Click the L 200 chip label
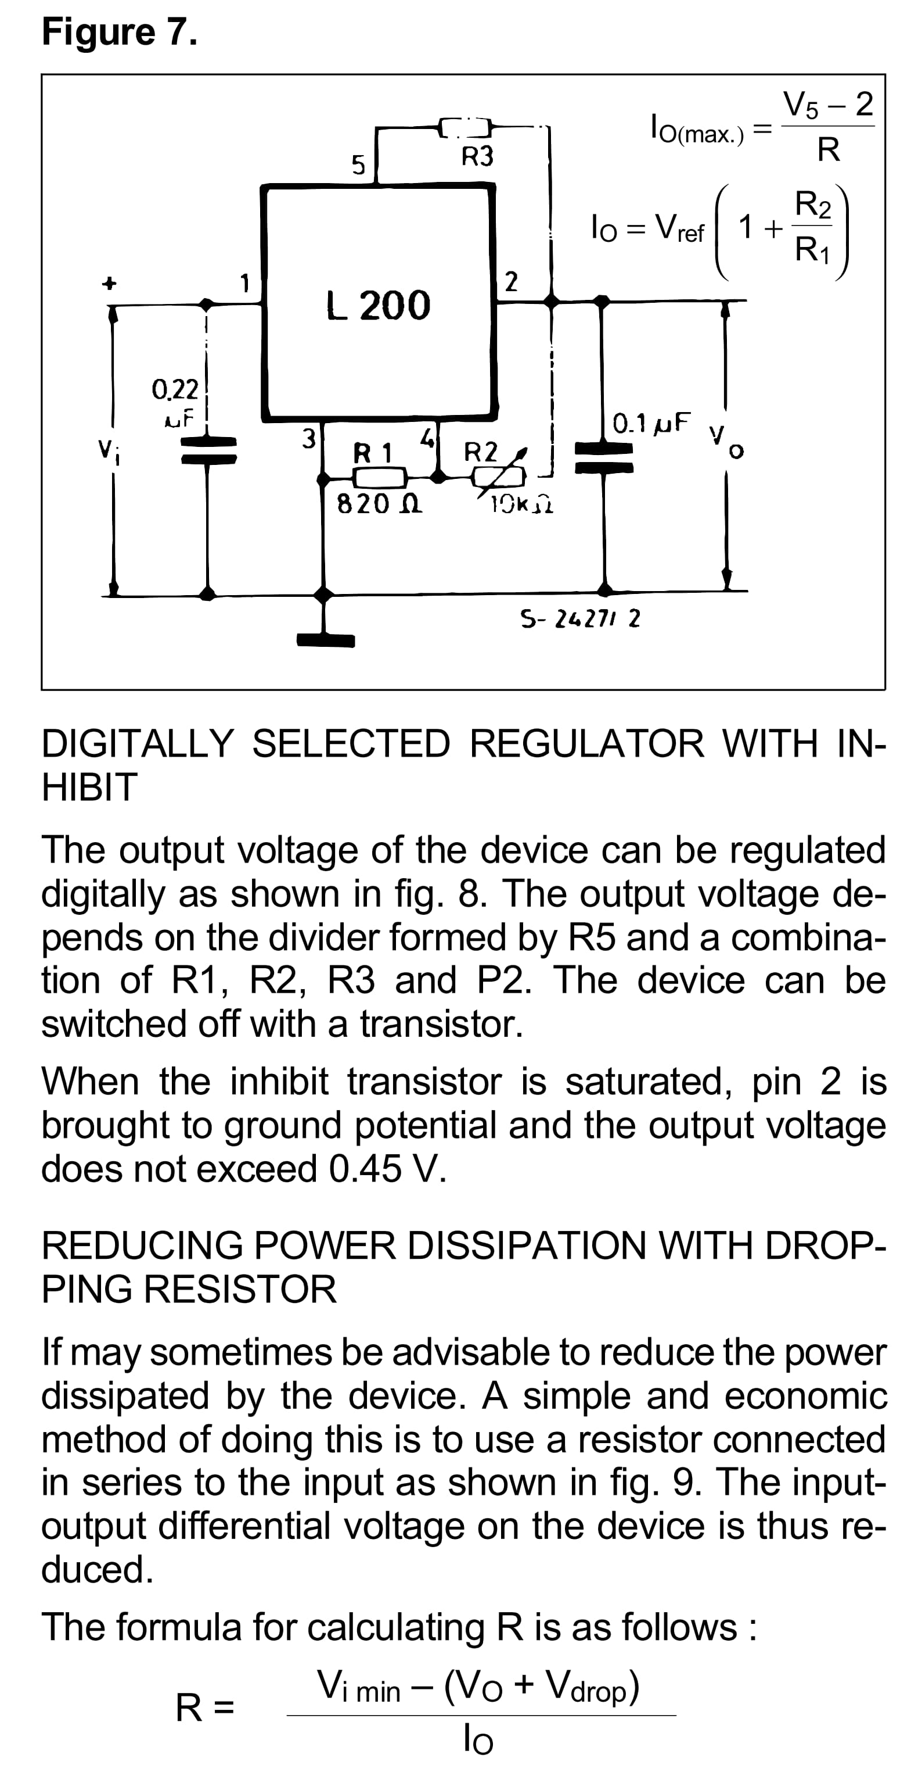pos(378,305)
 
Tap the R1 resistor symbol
pos(379,477)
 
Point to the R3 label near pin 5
pos(477,157)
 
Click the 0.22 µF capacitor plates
pos(208,450)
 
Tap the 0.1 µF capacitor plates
pos(604,458)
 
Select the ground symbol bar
pos(325,640)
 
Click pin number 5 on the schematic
pos(358,165)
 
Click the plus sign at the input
pos(109,283)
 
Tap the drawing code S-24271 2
pos(579,618)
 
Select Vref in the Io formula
pos(679,228)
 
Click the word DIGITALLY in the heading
pos(138,744)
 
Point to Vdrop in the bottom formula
pos(592,1686)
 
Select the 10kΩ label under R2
pos(521,506)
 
